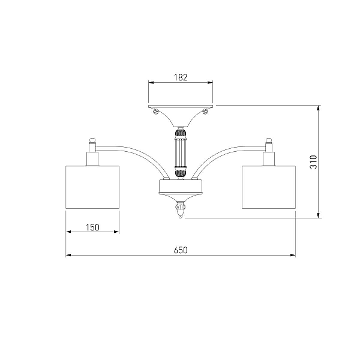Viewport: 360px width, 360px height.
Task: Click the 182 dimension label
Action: click(181, 77)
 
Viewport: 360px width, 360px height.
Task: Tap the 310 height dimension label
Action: click(313, 162)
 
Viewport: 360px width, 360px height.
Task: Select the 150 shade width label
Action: click(92, 227)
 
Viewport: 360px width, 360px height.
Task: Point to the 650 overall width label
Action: click(181, 250)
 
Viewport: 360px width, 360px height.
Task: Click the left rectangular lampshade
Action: click(92, 187)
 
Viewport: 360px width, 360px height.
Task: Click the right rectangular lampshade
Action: click(269, 187)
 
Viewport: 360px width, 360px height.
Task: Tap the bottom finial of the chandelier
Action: click(181, 209)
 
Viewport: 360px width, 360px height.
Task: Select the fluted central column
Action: click(181, 152)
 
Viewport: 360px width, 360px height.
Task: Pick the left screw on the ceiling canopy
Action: click(156, 112)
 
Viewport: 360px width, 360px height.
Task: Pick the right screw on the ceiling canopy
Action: click(205, 112)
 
